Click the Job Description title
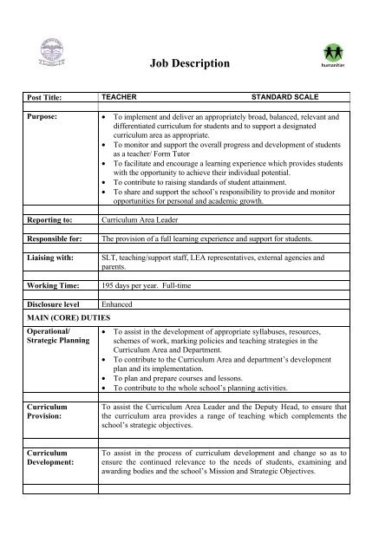(x=190, y=63)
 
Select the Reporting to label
(x=42, y=221)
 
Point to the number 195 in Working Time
(x=109, y=284)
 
